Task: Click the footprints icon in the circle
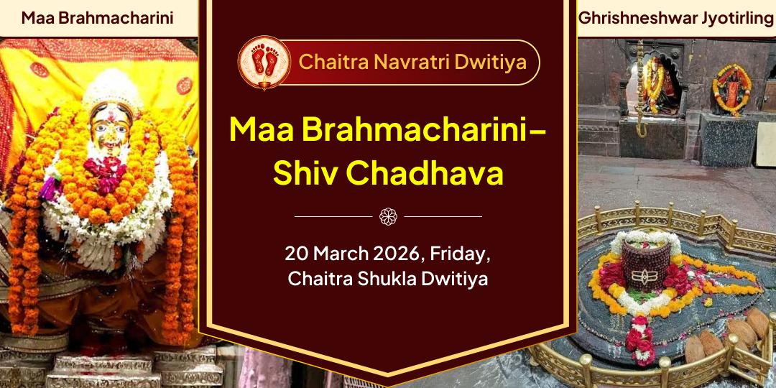[264, 62]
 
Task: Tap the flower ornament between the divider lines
[388, 216]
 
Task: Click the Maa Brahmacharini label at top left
[97, 18]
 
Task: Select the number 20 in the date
[295, 254]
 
